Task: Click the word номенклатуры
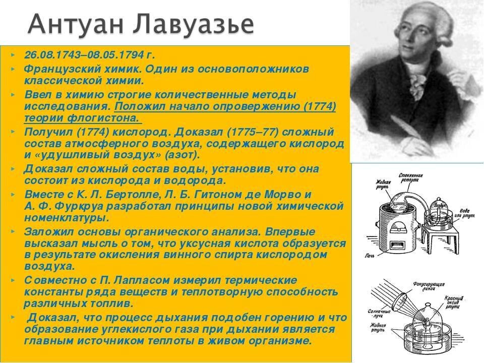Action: click(66, 218)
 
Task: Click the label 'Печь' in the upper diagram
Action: click(369, 256)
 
